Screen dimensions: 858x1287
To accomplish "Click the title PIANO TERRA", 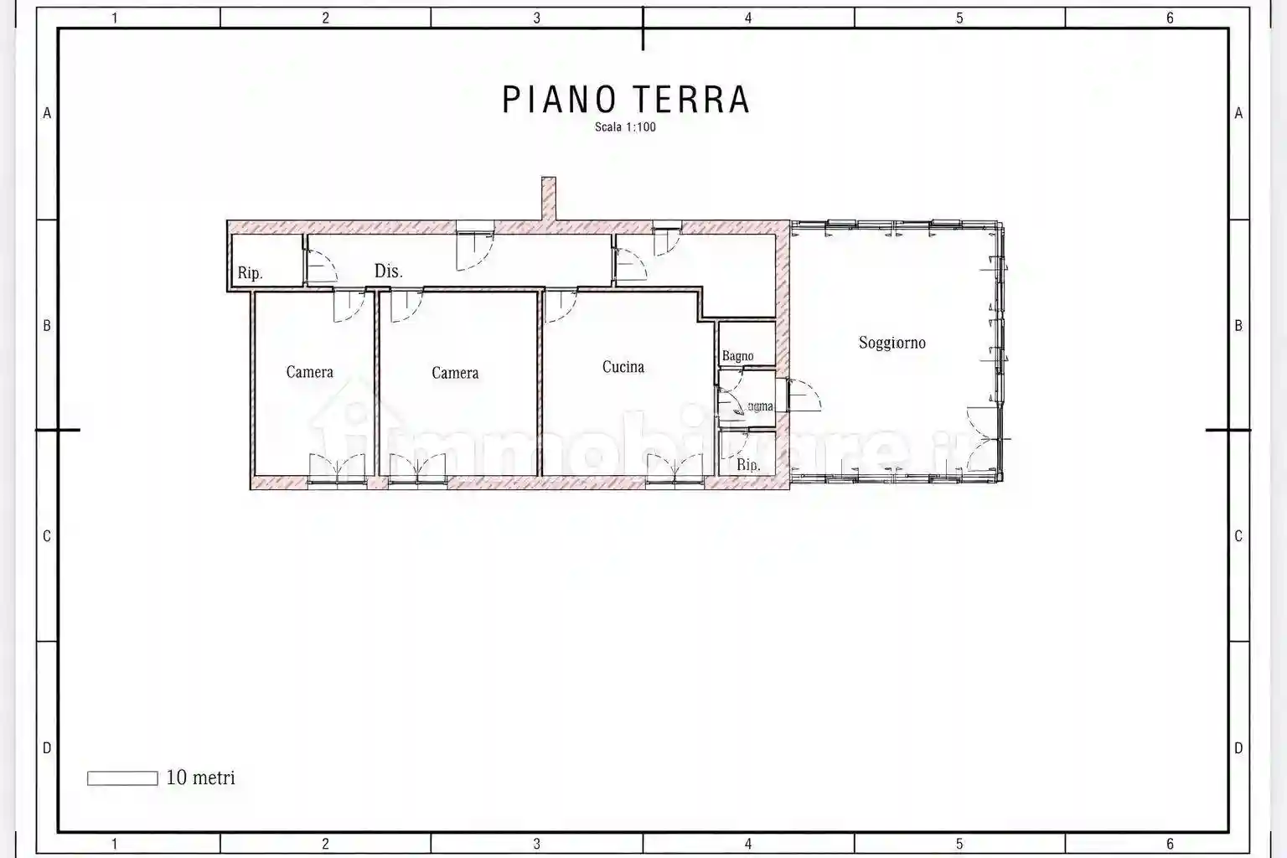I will coord(625,99).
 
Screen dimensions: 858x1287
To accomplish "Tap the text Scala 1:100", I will coord(625,127).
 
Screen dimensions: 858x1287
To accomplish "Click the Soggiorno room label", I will coord(892,343).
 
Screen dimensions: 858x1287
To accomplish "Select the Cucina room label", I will coord(623,367).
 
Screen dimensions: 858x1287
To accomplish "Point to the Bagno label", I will coord(737,356).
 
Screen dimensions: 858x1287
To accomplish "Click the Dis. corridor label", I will coord(388,271).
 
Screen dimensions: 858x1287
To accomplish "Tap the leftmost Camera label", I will coord(309,372).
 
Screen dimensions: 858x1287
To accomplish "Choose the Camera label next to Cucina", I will coord(455,373).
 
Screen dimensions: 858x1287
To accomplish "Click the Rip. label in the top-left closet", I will coord(250,273).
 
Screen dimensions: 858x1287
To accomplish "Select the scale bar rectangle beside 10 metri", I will coord(122,778).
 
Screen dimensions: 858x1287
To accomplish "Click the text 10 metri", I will coord(200,778).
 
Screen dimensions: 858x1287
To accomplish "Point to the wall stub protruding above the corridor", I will coord(548,199).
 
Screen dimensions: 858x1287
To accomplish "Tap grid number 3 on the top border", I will coord(536,18).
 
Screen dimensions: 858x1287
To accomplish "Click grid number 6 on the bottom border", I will coord(1170,844).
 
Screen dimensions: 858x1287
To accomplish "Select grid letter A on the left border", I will coord(47,113).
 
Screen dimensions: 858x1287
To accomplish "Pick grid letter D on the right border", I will coord(1238,748).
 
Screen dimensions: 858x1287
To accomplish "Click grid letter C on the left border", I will coord(47,536).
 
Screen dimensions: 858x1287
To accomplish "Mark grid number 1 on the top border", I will coord(115,18).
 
